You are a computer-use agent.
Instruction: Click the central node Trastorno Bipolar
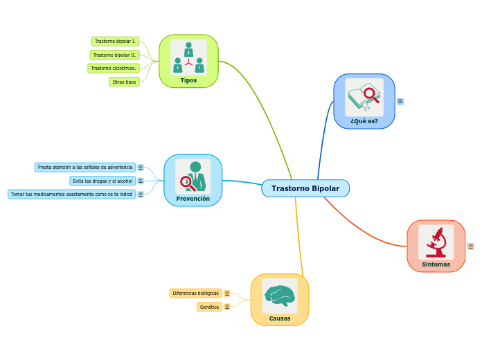pos(305,188)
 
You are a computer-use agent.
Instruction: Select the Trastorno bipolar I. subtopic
pos(115,42)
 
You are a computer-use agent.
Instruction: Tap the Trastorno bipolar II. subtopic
pos(115,55)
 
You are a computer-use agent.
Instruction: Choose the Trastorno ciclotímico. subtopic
pos(114,69)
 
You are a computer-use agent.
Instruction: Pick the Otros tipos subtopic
pos(124,82)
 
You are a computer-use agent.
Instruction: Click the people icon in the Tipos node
pos(188,57)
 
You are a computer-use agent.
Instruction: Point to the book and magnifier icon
pos(364,97)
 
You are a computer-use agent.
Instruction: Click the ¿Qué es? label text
pos(364,121)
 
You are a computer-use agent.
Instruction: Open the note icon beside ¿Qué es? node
pos(400,102)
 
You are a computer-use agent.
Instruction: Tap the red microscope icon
pos(436,242)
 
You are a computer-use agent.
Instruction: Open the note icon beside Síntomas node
pos(471,246)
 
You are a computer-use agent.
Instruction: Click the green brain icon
pos(280,296)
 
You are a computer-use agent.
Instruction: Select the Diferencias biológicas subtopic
pos(195,294)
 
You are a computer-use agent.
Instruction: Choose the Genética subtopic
pos(209,307)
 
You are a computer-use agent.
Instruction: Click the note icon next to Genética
pos(227,307)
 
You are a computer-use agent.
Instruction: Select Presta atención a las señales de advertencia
pos(84,168)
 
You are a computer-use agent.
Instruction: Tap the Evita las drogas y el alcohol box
pos(102,181)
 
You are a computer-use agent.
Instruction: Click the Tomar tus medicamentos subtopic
pos(71,195)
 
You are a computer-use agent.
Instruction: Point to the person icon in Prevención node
pos(193,176)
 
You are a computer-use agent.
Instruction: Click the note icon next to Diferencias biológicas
pos(227,294)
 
